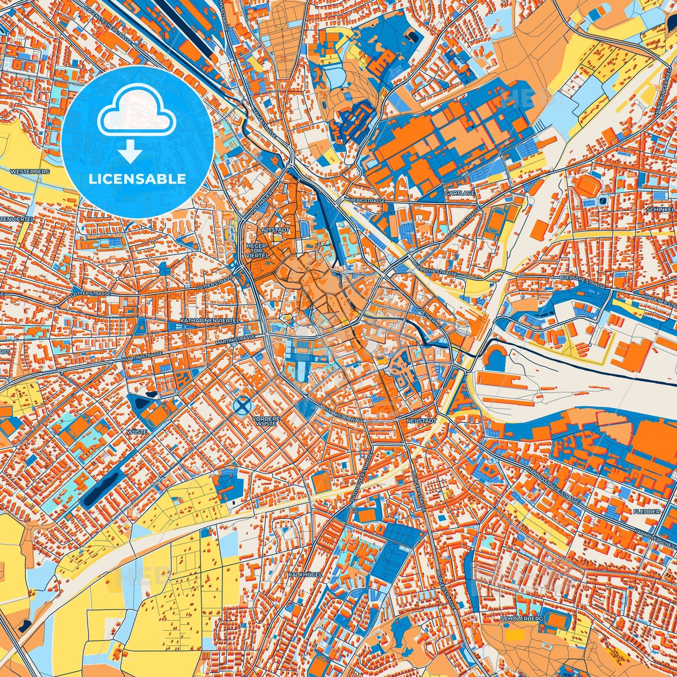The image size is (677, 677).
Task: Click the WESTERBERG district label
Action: (32, 172)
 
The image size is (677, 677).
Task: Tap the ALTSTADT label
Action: (275, 231)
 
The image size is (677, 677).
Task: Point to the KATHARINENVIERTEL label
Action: (209, 320)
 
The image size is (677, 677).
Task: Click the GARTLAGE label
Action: (460, 193)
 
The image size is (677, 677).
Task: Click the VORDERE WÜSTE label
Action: (266, 421)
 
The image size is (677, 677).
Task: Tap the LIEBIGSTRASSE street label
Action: (367, 201)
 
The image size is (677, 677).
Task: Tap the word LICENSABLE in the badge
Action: (138, 179)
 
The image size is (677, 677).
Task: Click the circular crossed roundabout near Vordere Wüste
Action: (242, 406)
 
